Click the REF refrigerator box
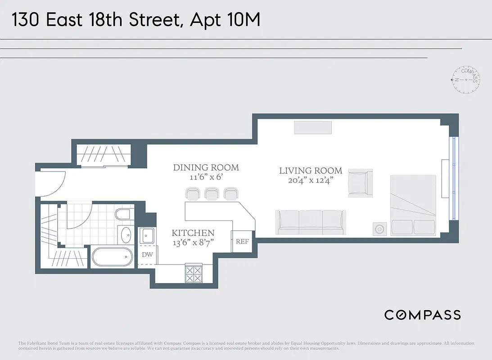(x=242, y=241)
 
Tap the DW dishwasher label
(x=147, y=254)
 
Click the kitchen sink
(x=147, y=235)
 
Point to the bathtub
(x=113, y=257)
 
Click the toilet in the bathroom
(x=124, y=214)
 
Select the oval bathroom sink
(x=126, y=234)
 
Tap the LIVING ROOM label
(x=311, y=171)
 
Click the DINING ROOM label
(x=206, y=168)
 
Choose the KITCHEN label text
(x=193, y=233)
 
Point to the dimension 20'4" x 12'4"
(x=311, y=181)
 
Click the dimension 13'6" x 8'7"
(x=193, y=242)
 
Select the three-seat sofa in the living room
(x=311, y=222)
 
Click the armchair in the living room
(x=361, y=183)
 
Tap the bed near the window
(x=413, y=205)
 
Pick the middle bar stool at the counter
(x=212, y=194)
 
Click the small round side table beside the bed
(x=379, y=229)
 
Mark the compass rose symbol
(x=466, y=79)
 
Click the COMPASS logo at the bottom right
(x=422, y=315)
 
